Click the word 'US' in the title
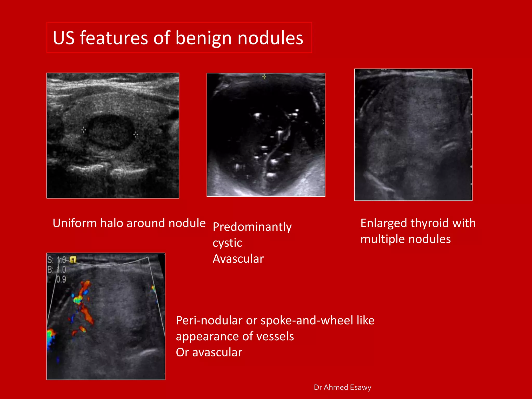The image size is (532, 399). pyautogui.click(x=64, y=38)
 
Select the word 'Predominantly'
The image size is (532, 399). pyautogui.click(x=252, y=227)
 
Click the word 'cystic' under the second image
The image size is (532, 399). pyautogui.click(x=227, y=243)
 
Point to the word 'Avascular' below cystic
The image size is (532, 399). pyautogui.click(x=238, y=259)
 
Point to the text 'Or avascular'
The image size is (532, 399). pyautogui.click(x=209, y=353)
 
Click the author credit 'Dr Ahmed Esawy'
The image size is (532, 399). pyautogui.click(x=342, y=387)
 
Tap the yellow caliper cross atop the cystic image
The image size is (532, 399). pyautogui.click(x=264, y=77)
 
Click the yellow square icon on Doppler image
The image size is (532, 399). pyautogui.click(x=73, y=260)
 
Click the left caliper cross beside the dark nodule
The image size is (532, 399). pyautogui.click(x=84, y=130)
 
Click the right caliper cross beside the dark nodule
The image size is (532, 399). pyautogui.click(x=136, y=134)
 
